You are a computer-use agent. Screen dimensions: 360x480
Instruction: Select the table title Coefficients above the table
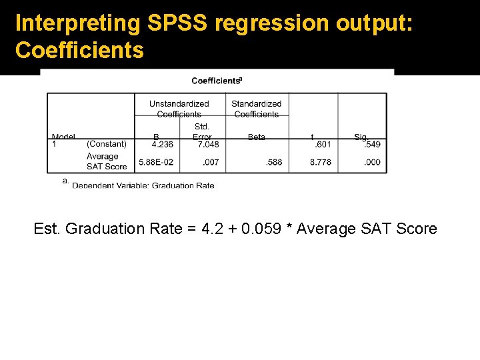click(x=217, y=81)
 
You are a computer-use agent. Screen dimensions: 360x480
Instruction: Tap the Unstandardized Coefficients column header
click(x=179, y=109)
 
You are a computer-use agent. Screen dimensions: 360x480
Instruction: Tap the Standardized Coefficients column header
click(x=257, y=109)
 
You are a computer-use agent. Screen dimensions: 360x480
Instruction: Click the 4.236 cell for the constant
click(x=163, y=144)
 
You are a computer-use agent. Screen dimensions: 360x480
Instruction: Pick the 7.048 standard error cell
click(x=208, y=144)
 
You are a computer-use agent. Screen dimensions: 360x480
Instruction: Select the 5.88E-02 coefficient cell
click(x=156, y=162)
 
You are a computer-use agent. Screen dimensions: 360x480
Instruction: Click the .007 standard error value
click(x=211, y=162)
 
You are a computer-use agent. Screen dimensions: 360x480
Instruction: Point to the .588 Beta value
click(x=274, y=162)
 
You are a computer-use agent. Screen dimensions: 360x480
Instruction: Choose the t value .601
click(x=323, y=144)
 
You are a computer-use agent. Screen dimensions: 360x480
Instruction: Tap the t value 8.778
click(x=320, y=162)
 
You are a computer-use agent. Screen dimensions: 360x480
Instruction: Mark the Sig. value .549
click(x=372, y=144)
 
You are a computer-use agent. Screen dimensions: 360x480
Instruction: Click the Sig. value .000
click(x=372, y=162)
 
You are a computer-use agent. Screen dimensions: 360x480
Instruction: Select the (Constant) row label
click(x=107, y=144)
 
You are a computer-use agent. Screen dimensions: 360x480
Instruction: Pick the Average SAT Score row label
click(x=106, y=161)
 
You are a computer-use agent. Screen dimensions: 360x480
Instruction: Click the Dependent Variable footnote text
click(x=143, y=185)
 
